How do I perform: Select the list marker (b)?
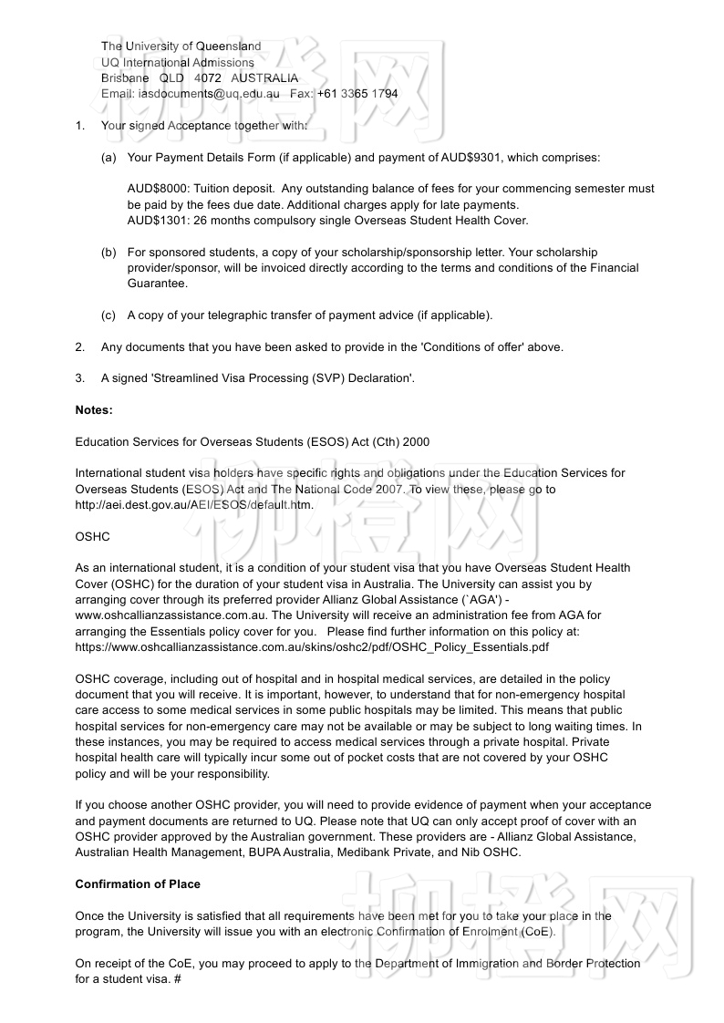click(x=109, y=252)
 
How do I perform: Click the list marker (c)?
click(x=109, y=315)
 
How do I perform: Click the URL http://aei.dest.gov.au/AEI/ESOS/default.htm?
click(x=194, y=505)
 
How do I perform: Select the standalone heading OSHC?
click(x=92, y=537)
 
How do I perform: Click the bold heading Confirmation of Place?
click(x=138, y=884)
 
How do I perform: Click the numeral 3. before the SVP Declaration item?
click(x=80, y=378)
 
